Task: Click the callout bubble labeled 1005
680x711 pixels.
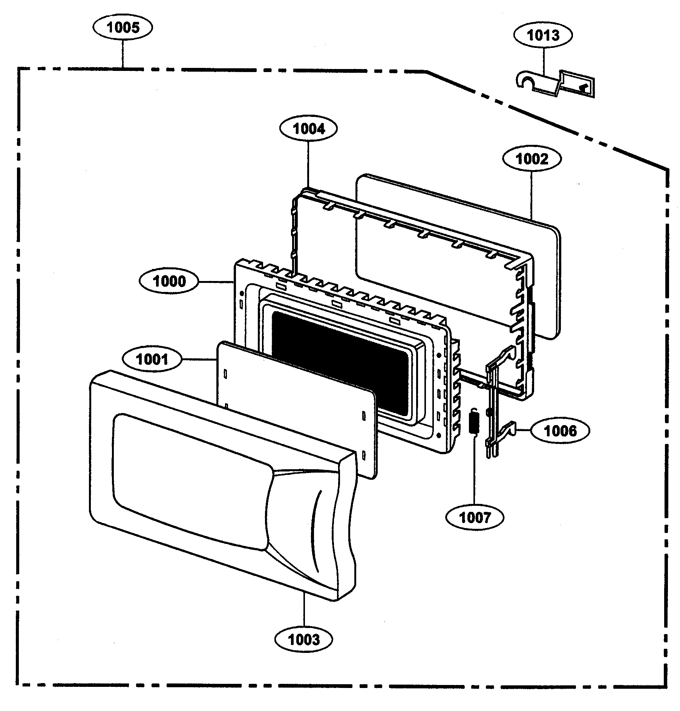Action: (123, 28)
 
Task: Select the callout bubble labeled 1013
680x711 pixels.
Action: (543, 35)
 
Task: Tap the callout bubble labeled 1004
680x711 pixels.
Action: (309, 129)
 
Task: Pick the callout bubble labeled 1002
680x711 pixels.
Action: (531, 159)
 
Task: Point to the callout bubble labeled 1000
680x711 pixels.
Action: (169, 281)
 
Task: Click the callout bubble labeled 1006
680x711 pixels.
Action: (560, 431)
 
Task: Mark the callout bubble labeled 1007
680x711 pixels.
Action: (475, 518)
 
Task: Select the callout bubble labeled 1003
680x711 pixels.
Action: (304, 639)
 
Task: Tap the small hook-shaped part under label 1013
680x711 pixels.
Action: (554, 86)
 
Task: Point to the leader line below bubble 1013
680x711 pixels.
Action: (544, 62)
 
